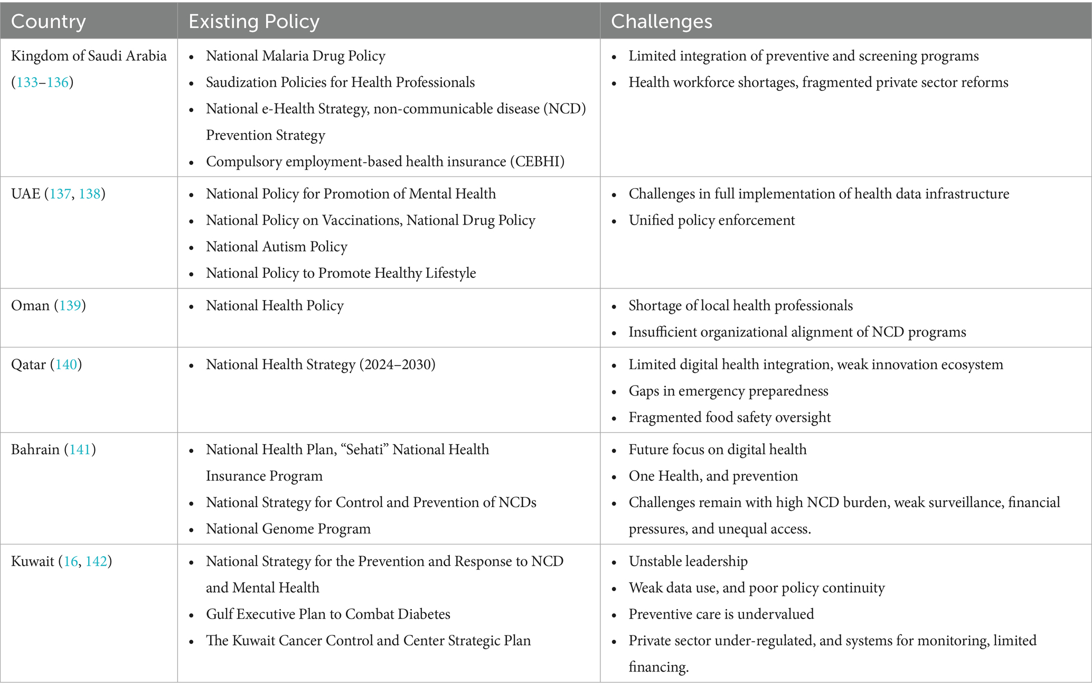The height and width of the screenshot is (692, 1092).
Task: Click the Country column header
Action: (48, 21)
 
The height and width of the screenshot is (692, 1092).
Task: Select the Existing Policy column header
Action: (253, 21)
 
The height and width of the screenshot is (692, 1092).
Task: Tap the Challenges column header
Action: (661, 21)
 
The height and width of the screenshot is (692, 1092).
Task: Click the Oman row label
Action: (30, 306)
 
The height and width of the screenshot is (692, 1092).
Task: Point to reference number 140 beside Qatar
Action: (66, 364)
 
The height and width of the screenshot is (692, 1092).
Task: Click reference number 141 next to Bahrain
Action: (80, 450)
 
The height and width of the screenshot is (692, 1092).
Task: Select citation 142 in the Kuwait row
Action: (96, 561)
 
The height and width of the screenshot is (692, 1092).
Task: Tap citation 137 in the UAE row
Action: (60, 194)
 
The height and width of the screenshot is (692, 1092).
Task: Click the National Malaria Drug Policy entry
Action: (295, 56)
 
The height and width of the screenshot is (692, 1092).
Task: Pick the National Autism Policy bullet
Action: (276, 247)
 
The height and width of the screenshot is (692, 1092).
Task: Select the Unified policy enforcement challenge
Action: (711, 220)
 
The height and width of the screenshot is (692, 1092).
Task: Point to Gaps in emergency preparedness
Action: (728, 391)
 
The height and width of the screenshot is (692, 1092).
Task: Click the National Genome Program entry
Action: (288, 529)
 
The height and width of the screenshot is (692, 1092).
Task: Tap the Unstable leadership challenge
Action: (688, 561)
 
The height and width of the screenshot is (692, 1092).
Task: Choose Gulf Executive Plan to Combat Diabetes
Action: (328, 614)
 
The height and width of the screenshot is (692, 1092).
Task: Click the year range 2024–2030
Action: (397, 364)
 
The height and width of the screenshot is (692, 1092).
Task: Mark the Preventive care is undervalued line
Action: (721, 614)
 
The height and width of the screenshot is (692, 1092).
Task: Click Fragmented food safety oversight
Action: (729, 417)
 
